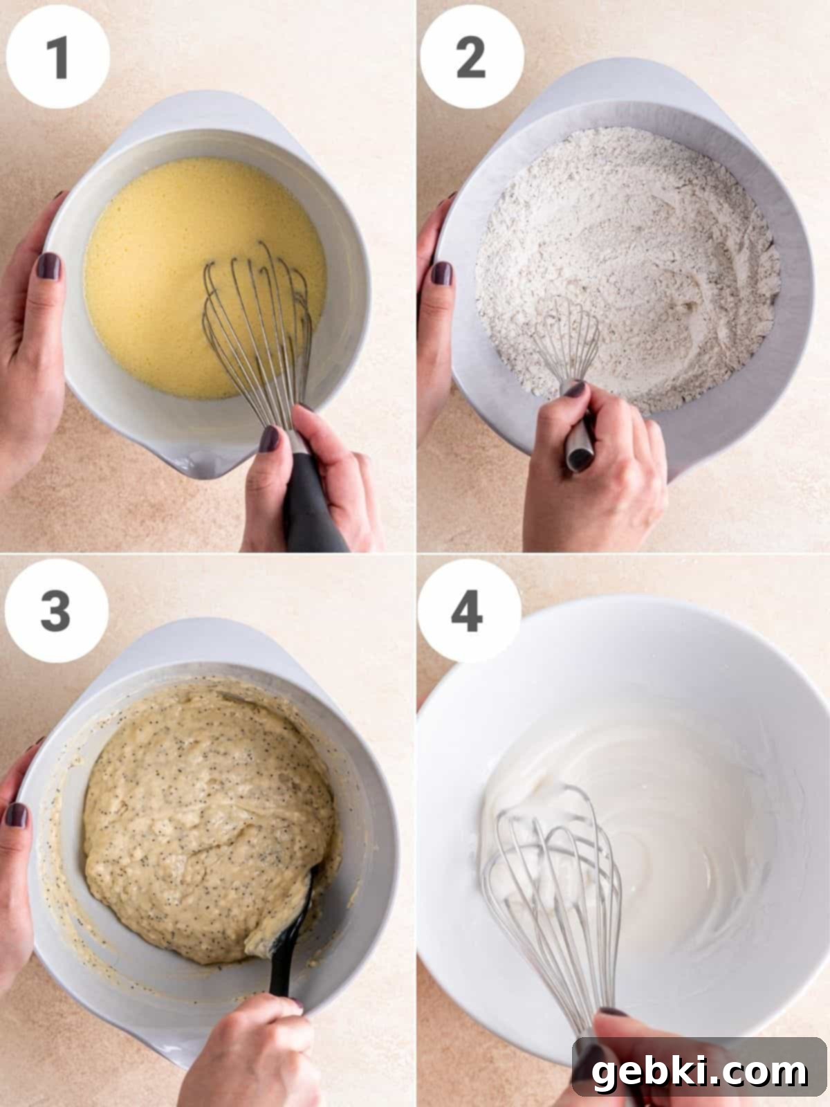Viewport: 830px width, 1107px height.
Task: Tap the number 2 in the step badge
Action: (471, 57)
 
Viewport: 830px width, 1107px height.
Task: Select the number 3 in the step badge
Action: (55, 611)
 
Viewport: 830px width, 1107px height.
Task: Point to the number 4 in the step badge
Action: (467, 611)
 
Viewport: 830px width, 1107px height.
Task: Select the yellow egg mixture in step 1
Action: (201, 277)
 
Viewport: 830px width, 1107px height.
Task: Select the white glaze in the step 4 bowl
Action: (620, 827)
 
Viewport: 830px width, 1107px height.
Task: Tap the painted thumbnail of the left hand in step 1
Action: (48, 266)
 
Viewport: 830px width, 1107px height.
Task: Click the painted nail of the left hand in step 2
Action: (441, 273)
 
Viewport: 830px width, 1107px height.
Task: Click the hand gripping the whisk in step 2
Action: (595, 469)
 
